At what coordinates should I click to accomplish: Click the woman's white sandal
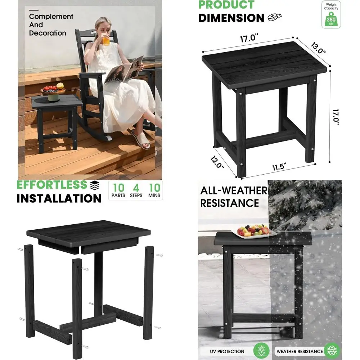141,139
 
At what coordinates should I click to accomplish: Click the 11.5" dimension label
279,167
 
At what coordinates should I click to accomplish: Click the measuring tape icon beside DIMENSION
275,17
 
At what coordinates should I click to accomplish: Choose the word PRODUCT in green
226,5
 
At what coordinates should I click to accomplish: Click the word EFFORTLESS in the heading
52,185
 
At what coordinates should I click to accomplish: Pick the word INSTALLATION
59,198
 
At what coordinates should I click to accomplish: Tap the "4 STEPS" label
136,190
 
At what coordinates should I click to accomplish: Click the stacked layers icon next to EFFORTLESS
95,185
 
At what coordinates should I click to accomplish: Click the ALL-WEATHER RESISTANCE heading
234,197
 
